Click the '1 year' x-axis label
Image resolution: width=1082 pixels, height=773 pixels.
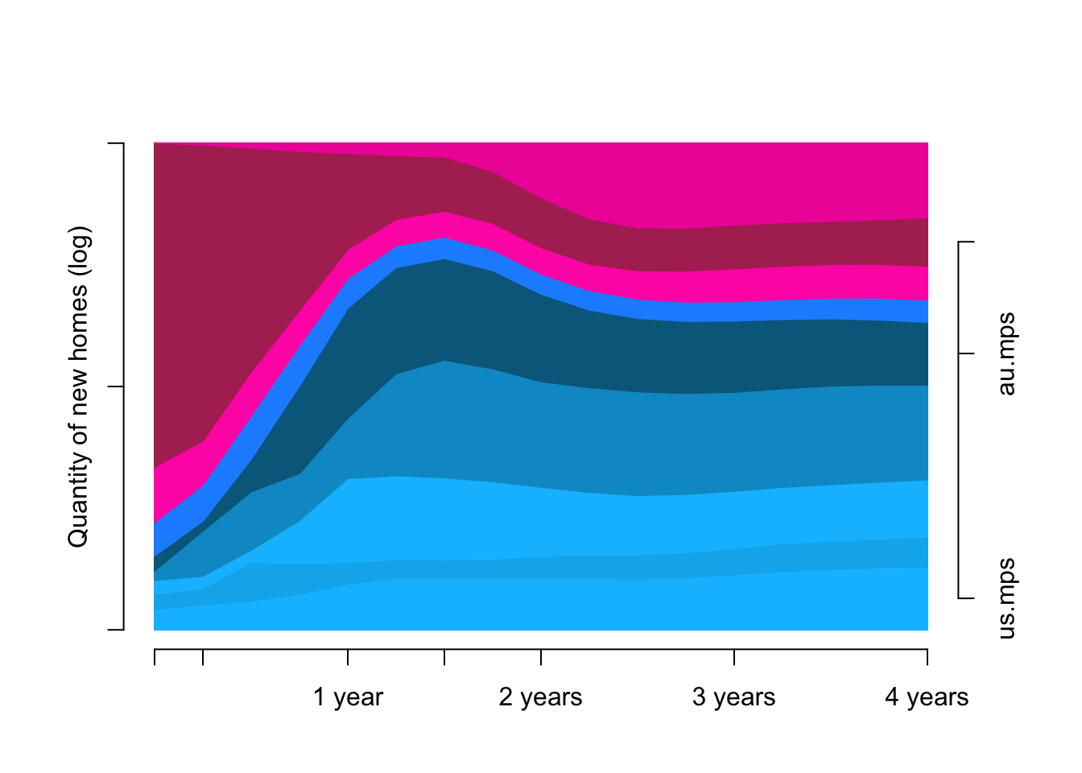point(348,697)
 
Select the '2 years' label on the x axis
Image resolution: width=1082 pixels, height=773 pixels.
point(540,697)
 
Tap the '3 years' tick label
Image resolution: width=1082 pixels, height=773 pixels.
point(733,697)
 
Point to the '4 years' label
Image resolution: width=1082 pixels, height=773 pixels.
point(927,697)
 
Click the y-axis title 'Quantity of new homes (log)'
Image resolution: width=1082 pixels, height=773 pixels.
point(78,386)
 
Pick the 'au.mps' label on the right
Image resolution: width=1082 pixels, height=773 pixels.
point(1006,354)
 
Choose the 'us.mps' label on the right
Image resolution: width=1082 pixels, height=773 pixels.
point(1006,598)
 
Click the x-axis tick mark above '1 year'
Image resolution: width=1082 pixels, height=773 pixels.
point(348,657)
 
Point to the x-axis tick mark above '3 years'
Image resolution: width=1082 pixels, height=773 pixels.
point(734,657)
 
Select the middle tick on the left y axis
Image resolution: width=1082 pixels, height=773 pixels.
point(116,386)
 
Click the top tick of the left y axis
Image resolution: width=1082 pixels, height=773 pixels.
point(116,143)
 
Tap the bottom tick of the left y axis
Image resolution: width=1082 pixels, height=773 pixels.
point(116,630)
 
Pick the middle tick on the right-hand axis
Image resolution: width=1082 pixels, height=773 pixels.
point(966,353)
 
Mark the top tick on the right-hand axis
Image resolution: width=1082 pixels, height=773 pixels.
point(966,242)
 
